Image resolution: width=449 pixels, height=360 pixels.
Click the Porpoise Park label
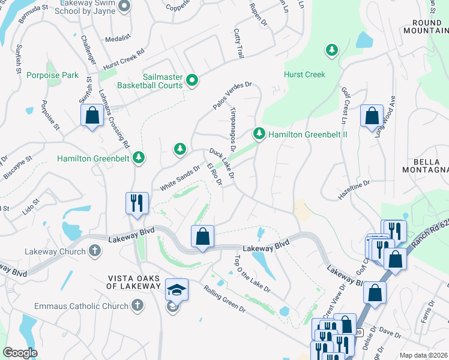pos(52,75)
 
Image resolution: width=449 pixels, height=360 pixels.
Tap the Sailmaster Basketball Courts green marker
pos(192,80)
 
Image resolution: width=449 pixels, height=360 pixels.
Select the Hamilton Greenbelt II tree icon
pos(259,133)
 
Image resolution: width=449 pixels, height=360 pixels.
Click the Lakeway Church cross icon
pos(94,251)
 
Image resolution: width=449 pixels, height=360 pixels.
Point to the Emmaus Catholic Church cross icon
pos(137,306)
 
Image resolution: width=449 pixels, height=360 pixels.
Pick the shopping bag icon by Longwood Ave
pos(372,115)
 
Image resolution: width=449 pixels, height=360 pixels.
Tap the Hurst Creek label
pos(304,74)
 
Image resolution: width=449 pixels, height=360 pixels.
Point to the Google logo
pos(20,353)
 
